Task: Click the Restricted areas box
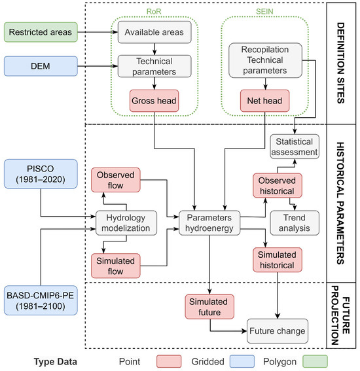(41, 32)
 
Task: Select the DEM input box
(41, 66)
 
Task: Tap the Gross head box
(154, 101)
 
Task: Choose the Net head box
(264, 101)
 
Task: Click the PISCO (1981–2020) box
(41, 174)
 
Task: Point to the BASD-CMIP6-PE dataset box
(41, 300)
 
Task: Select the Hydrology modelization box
(126, 223)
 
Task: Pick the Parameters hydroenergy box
(209, 223)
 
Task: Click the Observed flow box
(116, 180)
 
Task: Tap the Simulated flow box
(116, 266)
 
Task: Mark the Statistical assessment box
(295, 147)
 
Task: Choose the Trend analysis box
(295, 223)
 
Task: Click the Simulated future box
(209, 307)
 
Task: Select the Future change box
(278, 331)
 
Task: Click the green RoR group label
(154, 11)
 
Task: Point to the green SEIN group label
(264, 11)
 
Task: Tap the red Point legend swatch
(169, 361)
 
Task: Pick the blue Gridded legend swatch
(242, 361)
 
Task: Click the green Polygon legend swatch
(315, 361)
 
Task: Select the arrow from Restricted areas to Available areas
(98, 32)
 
